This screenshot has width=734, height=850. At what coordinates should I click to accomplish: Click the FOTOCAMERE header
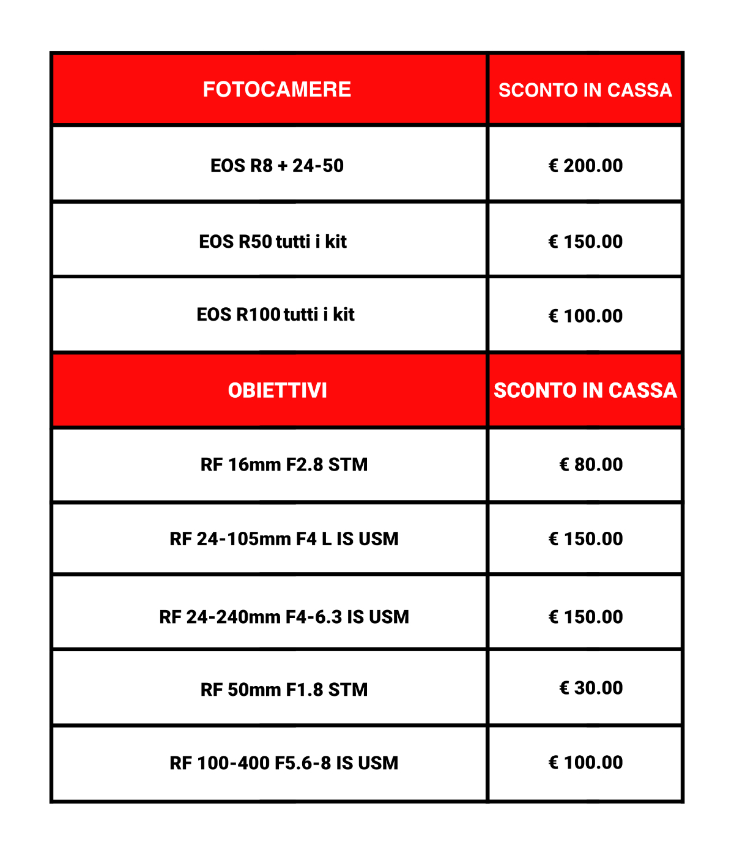coord(276,89)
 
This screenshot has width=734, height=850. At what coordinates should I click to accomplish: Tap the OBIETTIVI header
coord(277,390)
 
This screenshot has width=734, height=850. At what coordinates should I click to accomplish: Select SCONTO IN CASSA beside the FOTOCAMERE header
coord(585,90)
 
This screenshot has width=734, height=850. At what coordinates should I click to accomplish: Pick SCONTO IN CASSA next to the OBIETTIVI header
coord(585,390)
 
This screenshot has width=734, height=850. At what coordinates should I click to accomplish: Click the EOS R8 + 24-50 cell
coord(276,165)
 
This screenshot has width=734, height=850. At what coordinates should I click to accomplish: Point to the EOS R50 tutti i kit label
coord(273,242)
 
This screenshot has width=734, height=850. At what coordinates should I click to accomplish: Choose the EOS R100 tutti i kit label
coord(275,315)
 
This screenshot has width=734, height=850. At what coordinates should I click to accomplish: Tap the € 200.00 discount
coord(585,165)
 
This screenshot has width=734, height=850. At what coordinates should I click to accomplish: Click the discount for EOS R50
coord(585,242)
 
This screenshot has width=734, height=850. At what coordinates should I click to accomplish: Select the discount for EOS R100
coord(585,316)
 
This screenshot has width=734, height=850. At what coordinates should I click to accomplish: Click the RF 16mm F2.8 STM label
coord(284,464)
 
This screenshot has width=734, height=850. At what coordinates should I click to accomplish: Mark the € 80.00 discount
coord(591,464)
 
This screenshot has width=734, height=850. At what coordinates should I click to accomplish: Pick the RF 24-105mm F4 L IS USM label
coord(284,539)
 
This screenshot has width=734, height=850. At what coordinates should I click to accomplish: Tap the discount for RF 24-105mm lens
coord(585,539)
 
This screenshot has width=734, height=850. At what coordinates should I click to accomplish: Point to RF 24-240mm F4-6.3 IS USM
coord(284,617)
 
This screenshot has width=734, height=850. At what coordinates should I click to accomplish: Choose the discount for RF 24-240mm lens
coord(585,617)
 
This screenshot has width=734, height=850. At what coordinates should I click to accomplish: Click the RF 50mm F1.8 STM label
coord(284,690)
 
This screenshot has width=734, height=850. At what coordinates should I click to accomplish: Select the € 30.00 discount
coord(591,688)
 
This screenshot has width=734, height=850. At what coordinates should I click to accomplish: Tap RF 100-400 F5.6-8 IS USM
coord(284,763)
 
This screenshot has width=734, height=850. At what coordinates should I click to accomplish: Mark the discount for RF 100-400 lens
coord(585,762)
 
